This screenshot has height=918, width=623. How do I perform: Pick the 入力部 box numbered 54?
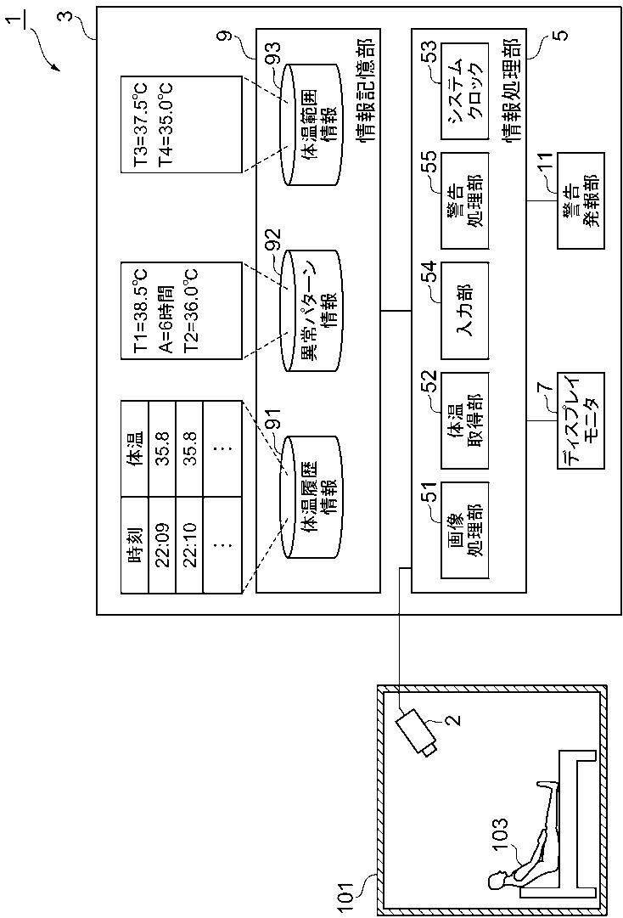pyautogui.click(x=463, y=310)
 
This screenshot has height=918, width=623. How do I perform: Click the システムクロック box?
pyautogui.click(x=463, y=91)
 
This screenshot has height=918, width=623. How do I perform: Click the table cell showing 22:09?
pyautogui.click(x=162, y=543)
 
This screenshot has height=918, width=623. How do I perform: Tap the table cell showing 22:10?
pyautogui.click(x=189, y=543)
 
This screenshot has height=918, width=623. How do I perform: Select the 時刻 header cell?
pyautogui.click(x=135, y=543)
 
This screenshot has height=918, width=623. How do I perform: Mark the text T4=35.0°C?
pyautogui.click(x=166, y=124)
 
